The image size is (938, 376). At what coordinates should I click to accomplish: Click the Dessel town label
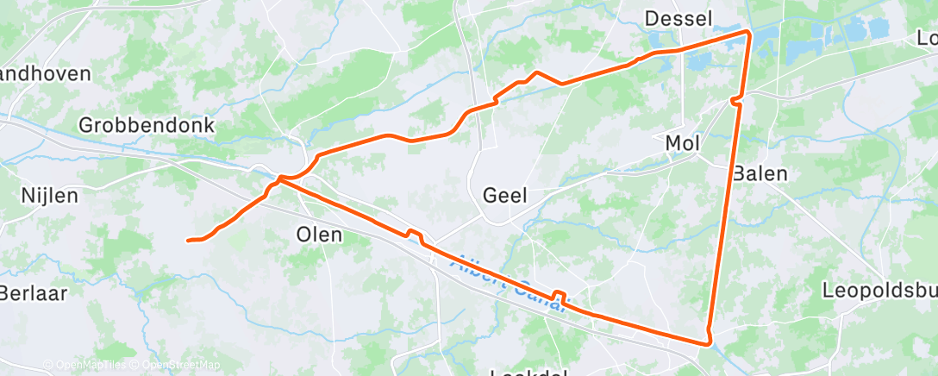678,19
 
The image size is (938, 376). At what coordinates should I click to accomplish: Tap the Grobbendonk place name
146,125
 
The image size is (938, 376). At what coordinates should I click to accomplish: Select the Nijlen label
49,196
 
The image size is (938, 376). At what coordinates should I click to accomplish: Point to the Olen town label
319,234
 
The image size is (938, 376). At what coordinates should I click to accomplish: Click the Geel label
505,195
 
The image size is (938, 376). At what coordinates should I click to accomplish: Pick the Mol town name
683,142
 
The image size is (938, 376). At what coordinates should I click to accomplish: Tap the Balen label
760,173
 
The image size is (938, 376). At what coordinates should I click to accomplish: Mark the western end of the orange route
188,240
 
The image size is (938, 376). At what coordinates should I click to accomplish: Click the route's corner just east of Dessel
747,32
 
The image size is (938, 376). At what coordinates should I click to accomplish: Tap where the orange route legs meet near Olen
278,179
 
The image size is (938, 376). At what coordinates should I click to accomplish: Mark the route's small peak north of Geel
536,72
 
